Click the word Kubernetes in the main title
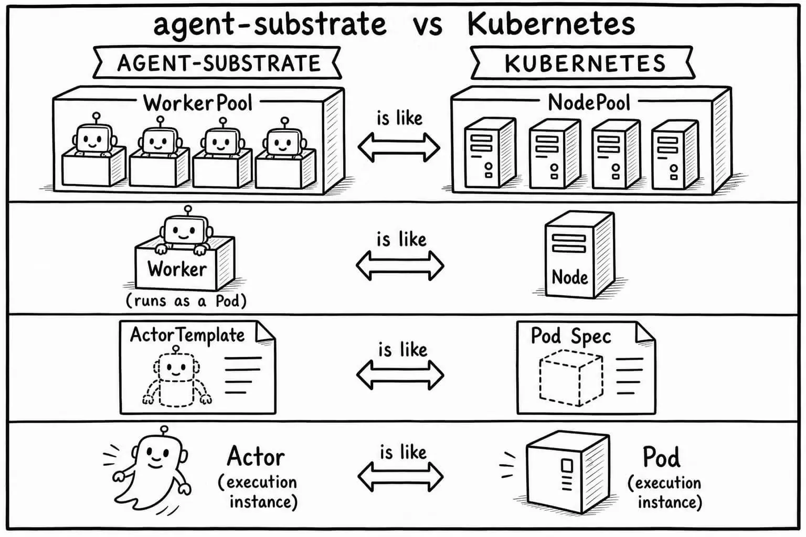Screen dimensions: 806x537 pos(551,25)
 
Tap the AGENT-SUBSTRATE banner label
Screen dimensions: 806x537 pos(219,63)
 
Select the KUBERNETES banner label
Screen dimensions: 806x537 pos(585,63)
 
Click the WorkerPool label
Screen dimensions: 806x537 pos(198,103)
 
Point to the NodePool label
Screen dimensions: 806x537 pos(589,102)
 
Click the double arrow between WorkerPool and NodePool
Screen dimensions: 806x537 pos(399,147)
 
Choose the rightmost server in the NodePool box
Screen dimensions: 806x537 pos(675,154)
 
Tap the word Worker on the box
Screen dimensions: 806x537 pos(177,269)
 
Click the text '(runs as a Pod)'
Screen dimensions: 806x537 pos(186,300)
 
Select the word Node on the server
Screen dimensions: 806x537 pos(569,277)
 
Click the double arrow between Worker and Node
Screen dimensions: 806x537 pos(400,266)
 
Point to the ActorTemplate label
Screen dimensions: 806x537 pos(187,335)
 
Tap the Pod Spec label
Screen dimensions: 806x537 pos(571,336)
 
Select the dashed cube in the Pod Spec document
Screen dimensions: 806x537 pos(571,378)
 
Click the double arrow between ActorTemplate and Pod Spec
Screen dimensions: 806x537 pos(400,375)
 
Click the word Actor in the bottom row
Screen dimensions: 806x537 pos(256,456)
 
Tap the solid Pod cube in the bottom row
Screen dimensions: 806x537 pos(568,472)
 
